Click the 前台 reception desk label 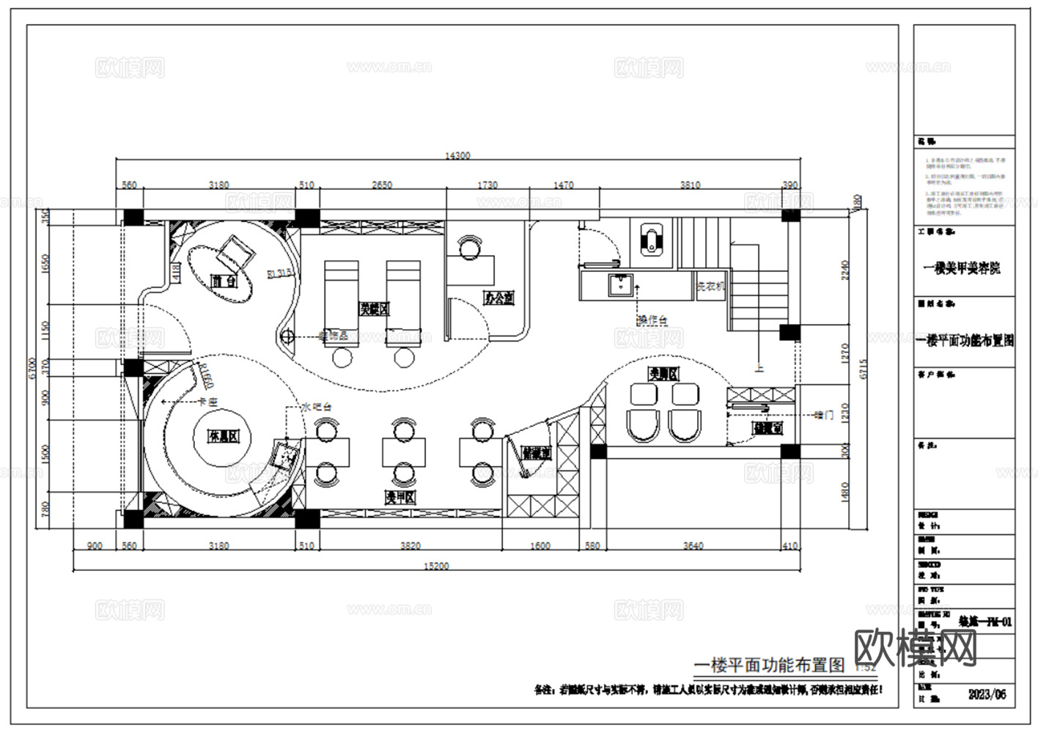224,281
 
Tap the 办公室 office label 498,298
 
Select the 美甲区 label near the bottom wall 400,498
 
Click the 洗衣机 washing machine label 710,287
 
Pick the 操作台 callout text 652,320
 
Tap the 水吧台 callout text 317,405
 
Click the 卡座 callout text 208,402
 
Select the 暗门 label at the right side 824,415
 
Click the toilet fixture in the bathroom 651,240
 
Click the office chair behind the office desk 468,248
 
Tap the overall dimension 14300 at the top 458,155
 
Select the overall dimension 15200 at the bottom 437,566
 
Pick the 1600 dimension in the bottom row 540,546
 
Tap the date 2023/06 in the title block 987,694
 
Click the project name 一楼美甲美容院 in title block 962,268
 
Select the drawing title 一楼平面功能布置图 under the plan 769,665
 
